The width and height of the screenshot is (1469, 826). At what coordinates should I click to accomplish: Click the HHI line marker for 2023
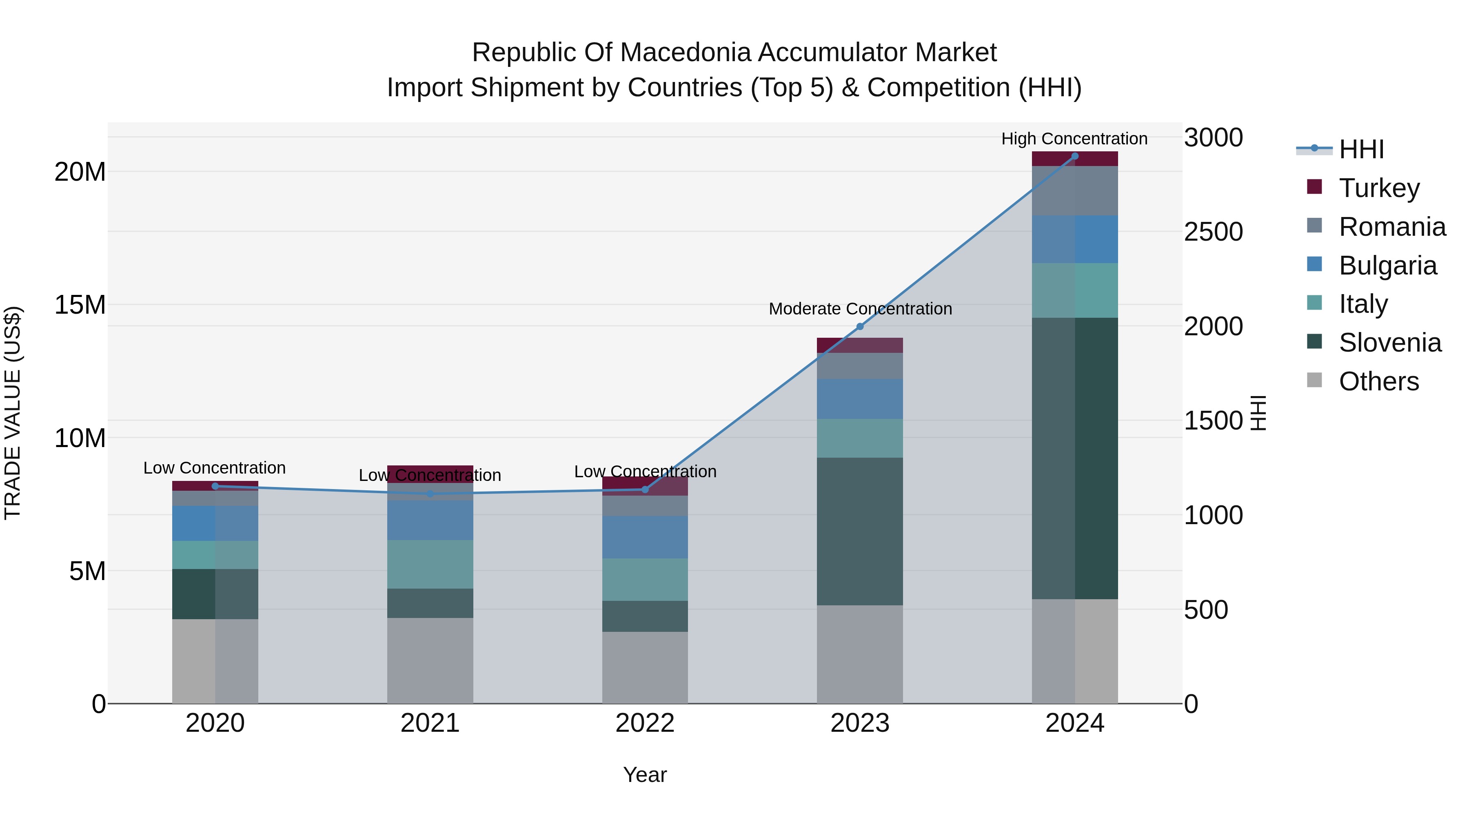[860, 327]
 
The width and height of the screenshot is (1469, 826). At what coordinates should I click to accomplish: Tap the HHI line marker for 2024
[1075, 156]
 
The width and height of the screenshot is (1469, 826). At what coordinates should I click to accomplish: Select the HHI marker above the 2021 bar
[430, 494]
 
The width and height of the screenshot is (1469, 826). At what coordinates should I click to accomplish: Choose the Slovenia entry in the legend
[1390, 343]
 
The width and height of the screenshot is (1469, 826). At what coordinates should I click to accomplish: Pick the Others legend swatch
[1314, 380]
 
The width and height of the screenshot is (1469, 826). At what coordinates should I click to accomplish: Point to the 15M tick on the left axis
[80, 305]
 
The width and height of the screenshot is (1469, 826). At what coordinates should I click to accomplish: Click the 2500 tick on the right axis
[1214, 232]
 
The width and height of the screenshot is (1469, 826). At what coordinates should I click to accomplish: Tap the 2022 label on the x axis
[645, 723]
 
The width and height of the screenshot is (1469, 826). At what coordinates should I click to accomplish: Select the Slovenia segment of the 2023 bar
[860, 531]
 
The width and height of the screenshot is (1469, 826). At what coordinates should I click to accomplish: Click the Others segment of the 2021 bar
[430, 661]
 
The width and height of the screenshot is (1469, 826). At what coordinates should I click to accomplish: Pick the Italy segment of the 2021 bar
[430, 565]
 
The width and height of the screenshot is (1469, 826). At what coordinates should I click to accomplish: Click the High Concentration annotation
[1074, 139]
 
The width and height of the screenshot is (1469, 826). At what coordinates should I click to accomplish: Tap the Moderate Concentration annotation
[860, 309]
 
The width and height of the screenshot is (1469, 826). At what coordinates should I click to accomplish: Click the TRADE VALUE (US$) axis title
[13, 413]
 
